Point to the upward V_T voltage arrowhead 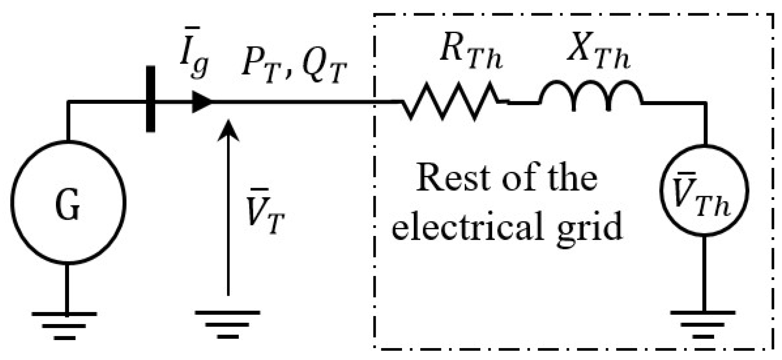click(x=228, y=129)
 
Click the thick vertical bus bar click(x=150, y=99)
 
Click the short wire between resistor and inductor click(x=524, y=102)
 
